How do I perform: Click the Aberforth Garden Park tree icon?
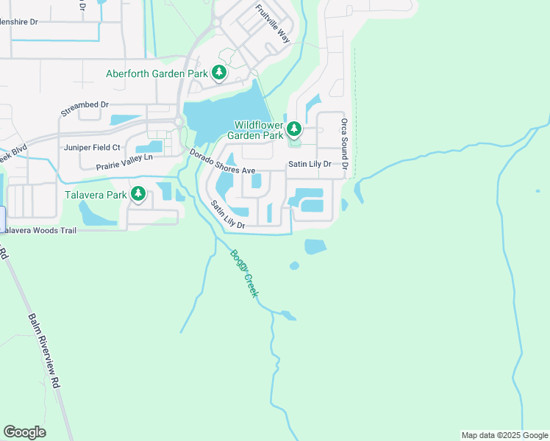pyautogui.click(x=218, y=73)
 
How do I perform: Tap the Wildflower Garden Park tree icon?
pyautogui.click(x=294, y=130)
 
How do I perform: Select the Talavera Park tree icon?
pyautogui.click(x=137, y=195)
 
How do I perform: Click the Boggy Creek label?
pyautogui.click(x=245, y=274)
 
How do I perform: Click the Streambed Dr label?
pyautogui.click(x=85, y=110)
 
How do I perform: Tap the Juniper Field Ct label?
pyautogui.click(x=92, y=148)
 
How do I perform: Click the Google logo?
pyautogui.click(x=24, y=432)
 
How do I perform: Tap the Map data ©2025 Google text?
pyautogui.click(x=504, y=435)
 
